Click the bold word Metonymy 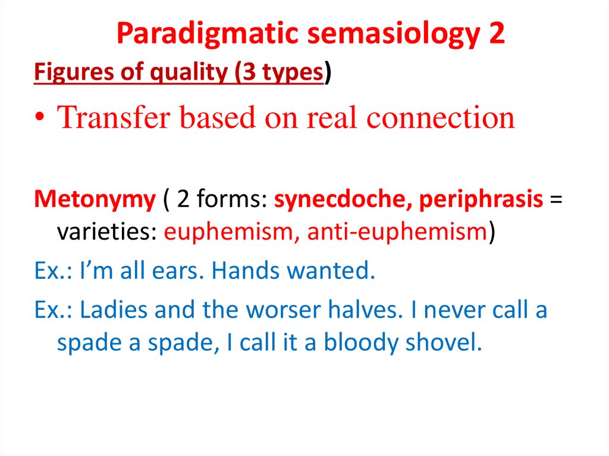[x=95, y=200]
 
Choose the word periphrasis [x=481, y=200]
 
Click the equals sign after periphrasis [x=556, y=200]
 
